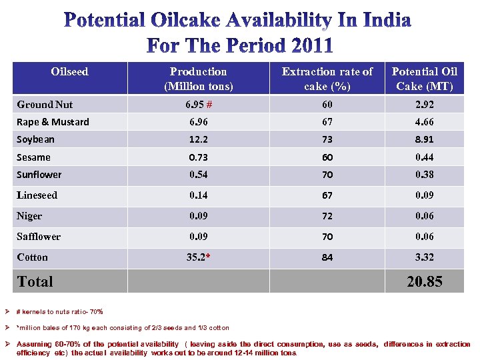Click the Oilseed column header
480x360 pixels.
(x=69, y=71)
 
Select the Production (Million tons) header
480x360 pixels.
(x=198, y=79)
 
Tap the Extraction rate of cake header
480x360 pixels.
(x=327, y=79)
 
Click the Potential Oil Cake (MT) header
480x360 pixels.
(x=424, y=79)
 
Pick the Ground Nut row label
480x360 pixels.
(x=45, y=105)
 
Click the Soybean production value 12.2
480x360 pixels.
(x=198, y=139)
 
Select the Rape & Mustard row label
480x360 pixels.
(x=53, y=122)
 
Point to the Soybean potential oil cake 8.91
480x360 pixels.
(x=424, y=139)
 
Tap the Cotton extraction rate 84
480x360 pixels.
(x=327, y=257)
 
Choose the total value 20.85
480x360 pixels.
(x=424, y=281)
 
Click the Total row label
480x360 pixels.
(x=35, y=281)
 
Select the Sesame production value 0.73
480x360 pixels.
(x=198, y=157)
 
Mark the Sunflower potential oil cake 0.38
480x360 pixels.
(x=424, y=175)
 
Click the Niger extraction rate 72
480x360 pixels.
(x=327, y=216)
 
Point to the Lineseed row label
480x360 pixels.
(x=37, y=195)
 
